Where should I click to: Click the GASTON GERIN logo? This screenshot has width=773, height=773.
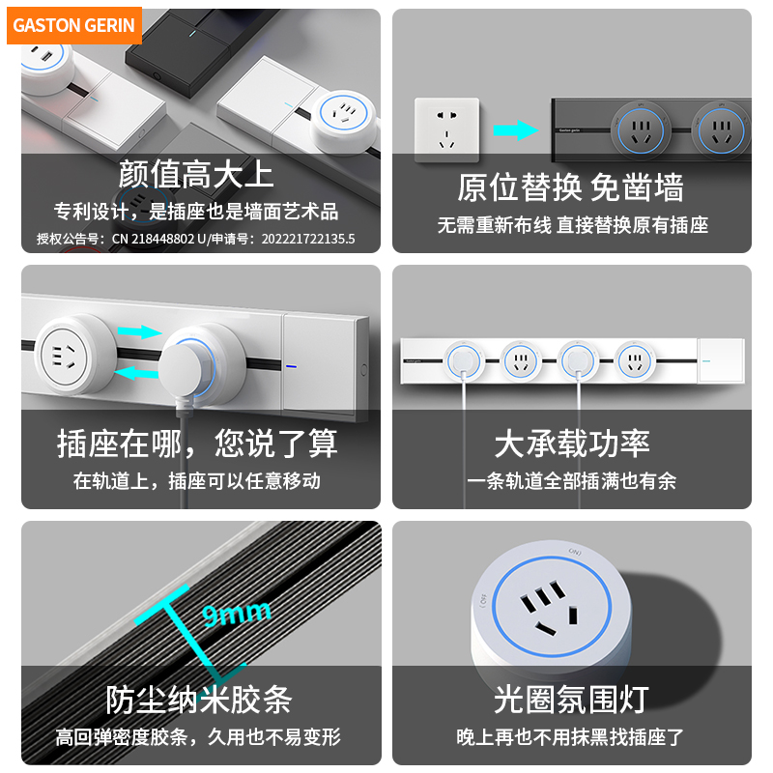coord(74,26)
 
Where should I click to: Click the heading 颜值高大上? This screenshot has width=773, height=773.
coord(196,174)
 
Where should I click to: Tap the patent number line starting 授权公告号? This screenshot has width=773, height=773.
coord(196,238)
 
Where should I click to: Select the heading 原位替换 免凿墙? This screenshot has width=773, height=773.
coord(570,186)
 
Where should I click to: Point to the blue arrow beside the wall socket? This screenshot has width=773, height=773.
coord(514,130)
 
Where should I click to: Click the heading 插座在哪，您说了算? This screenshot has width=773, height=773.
coord(197,444)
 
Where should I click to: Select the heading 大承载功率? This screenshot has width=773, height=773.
coord(571,444)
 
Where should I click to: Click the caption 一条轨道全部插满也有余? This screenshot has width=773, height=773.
coord(571,480)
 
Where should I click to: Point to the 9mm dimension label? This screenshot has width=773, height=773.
coord(237,613)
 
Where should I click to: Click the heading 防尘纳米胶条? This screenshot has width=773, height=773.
coord(198,699)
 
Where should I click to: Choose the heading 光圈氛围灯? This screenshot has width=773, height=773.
coord(570,699)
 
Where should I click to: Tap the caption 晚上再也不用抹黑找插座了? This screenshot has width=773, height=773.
coord(571,736)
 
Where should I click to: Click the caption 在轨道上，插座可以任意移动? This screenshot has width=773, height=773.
coord(197,480)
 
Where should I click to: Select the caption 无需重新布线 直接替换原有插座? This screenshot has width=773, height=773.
coord(572,225)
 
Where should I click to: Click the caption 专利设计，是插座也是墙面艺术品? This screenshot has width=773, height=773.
coord(196,212)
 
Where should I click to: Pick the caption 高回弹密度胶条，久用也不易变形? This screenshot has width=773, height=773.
coord(198,736)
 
